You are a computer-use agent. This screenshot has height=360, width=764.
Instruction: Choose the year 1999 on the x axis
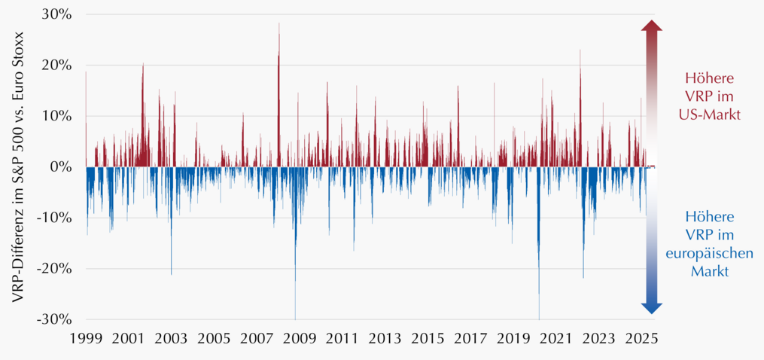[86, 338]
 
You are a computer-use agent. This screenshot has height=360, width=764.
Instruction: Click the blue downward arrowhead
[651, 308]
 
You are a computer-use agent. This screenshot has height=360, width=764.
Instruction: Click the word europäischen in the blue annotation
[709, 253]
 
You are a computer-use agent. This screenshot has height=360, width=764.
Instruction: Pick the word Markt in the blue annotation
[709, 270]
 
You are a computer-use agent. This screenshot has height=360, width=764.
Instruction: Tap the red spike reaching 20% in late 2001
[143, 115]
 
